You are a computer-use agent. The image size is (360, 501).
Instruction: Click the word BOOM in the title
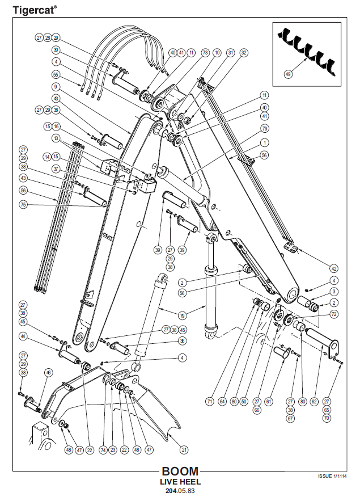click(x=180, y=471)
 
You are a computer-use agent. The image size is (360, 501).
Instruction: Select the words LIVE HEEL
click(x=180, y=482)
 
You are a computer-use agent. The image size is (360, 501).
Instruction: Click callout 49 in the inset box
click(x=289, y=74)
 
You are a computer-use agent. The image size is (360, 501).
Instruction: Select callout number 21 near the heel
click(x=184, y=450)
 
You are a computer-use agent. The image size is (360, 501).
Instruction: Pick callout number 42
click(x=334, y=268)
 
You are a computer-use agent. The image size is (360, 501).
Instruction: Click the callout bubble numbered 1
click(x=265, y=142)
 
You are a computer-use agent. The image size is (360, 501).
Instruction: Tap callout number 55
click(x=56, y=74)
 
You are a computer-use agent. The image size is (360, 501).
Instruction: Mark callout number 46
click(x=49, y=372)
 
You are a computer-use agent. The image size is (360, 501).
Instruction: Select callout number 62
click(x=315, y=402)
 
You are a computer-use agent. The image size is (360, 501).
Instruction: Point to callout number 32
click(x=244, y=53)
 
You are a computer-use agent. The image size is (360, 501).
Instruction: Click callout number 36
click(x=182, y=341)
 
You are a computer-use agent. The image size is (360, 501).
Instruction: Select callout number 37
click(x=56, y=169)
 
